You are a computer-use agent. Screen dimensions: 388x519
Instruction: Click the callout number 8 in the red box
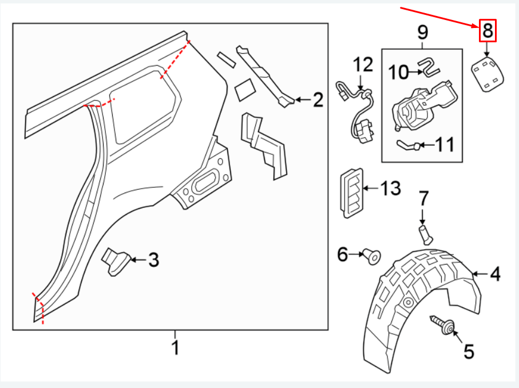(487, 30)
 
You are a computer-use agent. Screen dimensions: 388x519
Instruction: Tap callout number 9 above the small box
(422, 32)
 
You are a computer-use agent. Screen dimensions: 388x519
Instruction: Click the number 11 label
(444, 145)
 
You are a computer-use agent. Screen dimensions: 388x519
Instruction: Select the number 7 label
(423, 199)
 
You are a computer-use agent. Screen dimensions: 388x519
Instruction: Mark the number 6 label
(342, 254)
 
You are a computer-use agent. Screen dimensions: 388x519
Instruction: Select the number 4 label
(495, 274)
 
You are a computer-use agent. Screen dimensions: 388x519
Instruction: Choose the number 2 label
(318, 101)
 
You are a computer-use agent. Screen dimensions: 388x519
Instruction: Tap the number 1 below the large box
(176, 347)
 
